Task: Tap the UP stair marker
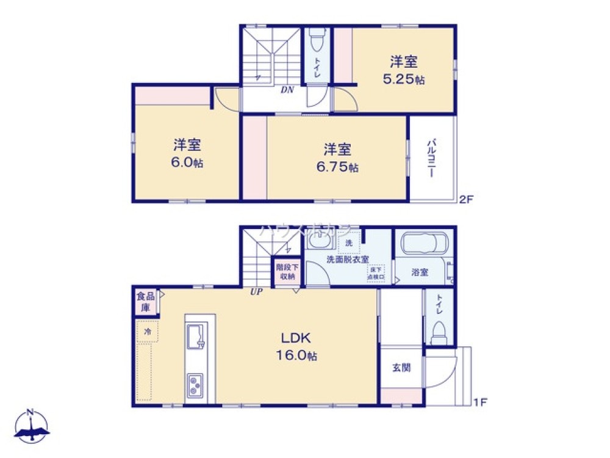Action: [256, 292]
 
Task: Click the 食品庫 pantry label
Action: [145, 302]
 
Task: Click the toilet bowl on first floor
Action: [439, 333]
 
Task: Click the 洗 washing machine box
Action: [349, 243]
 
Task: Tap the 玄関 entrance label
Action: [401, 368]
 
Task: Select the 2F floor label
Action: [465, 198]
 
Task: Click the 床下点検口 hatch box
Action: [375, 273]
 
